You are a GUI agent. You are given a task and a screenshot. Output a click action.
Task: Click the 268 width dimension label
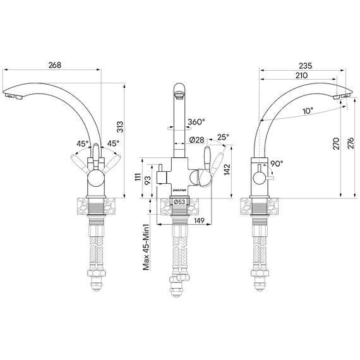(x=55, y=65)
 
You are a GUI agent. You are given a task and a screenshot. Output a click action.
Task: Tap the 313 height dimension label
(x=120, y=127)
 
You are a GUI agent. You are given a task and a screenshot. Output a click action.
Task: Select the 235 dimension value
(x=305, y=66)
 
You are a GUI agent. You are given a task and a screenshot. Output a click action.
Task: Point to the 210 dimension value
(x=301, y=75)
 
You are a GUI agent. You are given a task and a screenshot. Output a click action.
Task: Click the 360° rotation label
(x=196, y=122)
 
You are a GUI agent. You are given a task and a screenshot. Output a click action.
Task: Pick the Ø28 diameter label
(x=197, y=140)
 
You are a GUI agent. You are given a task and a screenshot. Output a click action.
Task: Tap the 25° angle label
(x=223, y=137)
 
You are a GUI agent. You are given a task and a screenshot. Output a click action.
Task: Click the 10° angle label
(x=308, y=111)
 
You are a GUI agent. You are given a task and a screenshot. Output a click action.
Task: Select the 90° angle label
(x=277, y=164)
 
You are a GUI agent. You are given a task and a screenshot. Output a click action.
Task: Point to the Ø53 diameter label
(x=179, y=202)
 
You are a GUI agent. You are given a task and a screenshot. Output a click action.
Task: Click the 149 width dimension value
(x=199, y=220)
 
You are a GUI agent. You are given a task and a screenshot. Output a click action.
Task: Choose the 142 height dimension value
(x=227, y=169)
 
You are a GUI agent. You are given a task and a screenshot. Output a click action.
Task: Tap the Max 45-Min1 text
(x=147, y=247)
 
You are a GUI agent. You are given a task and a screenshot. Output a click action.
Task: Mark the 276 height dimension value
(x=351, y=143)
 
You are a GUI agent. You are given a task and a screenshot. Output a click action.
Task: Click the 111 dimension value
(x=138, y=177)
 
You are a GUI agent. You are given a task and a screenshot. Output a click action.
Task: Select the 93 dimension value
(x=148, y=181)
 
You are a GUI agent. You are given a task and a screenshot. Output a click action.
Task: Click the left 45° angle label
(x=83, y=144)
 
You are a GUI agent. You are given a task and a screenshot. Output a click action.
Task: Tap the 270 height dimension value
(x=336, y=144)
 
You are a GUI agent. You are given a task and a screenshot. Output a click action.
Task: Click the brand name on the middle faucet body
(x=180, y=190)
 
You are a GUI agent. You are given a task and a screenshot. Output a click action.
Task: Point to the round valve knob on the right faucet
(x=260, y=178)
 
